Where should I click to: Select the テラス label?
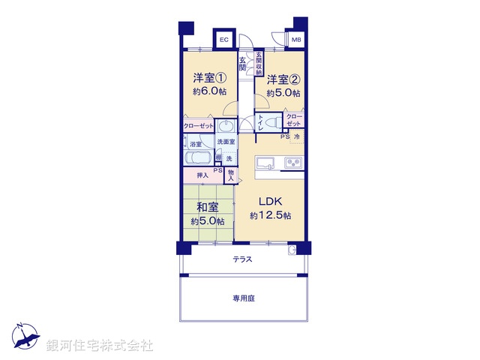tap(241, 259)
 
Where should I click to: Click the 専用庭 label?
tap(243, 298)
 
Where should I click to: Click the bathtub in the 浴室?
tap(199, 159)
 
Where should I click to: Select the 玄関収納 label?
tap(258, 63)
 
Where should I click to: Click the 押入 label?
tap(202, 175)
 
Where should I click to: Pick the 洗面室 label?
tap(226, 142)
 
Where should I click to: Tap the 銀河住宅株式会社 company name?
tap(100, 346)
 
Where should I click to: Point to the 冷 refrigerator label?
tap(296, 137)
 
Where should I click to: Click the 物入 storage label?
tap(231, 175)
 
